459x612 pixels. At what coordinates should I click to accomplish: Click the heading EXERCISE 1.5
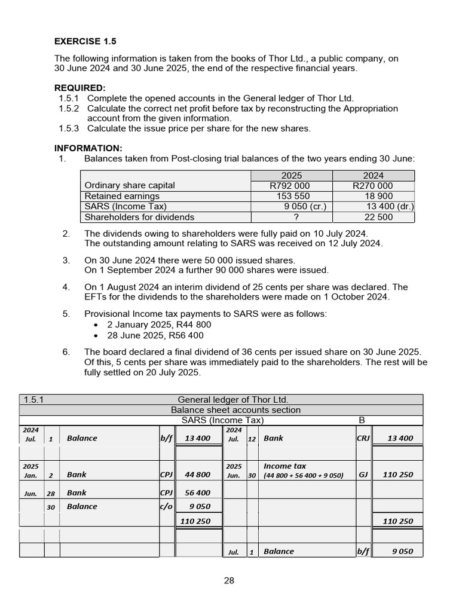point(85,41)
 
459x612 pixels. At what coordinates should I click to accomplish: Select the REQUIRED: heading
point(79,88)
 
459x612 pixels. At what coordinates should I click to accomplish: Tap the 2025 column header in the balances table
point(291,175)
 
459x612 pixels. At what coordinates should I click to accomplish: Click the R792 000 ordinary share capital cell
point(290,186)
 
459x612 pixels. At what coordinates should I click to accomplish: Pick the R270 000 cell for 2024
point(373,186)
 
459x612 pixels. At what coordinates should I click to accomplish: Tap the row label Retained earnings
point(122,196)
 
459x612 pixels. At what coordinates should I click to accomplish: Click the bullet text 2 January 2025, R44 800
point(159,325)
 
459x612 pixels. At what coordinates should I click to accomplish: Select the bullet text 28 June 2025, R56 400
point(159,335)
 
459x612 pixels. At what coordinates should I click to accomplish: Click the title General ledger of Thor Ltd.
point(232,399)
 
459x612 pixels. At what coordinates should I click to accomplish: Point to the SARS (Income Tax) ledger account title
point(222,420)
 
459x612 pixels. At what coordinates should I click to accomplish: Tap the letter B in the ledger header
point(361,420)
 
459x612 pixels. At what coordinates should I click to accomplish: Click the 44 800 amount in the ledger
point(197,475)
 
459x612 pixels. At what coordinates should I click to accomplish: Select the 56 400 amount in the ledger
point(197,493)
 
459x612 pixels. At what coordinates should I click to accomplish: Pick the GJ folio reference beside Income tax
point(363,475)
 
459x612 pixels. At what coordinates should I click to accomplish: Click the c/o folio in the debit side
point(166,506)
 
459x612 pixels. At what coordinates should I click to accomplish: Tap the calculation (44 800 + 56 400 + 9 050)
point(304,475)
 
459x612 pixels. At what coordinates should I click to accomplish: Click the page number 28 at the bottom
point(229,580)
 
